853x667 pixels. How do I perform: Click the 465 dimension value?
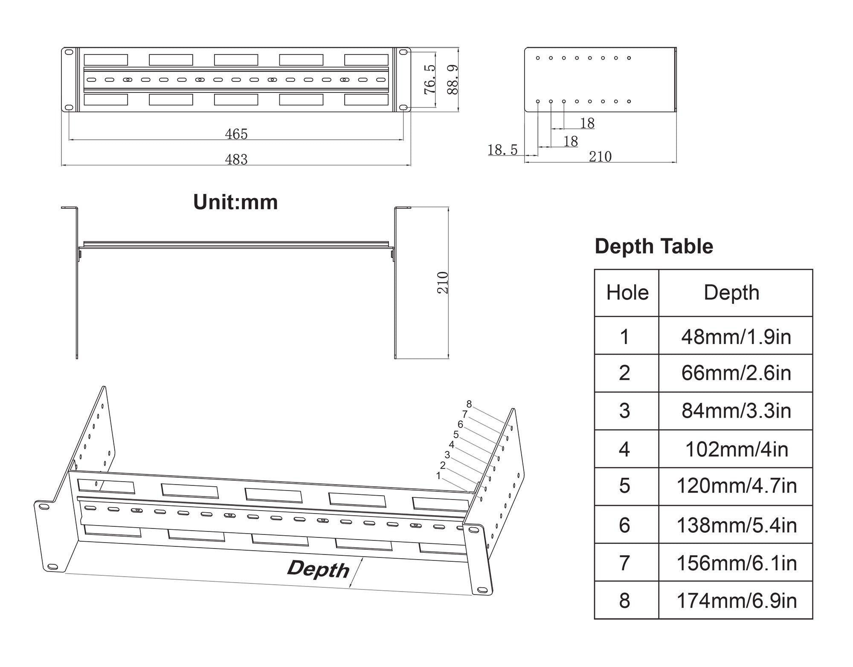click(236, 134)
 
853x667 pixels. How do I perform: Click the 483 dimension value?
click(236, 159)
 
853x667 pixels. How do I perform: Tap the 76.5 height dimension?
click(429, 79)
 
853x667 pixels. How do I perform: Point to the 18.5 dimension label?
click(502, 150)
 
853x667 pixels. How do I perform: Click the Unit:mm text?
click(235, 202)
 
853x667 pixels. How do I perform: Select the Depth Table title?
click(654, 246)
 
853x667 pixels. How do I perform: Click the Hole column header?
click(627, 293)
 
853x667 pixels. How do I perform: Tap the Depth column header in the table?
click(731, 293)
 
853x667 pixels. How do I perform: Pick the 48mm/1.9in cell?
click(736, 337)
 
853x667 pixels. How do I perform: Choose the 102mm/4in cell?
click(736, 449)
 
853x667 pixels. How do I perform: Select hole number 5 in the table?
click(624, 486)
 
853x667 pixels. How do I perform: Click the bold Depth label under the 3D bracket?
click(318, 569)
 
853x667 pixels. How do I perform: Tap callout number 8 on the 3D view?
click(469, 404)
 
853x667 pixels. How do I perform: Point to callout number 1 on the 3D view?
click(438, 476)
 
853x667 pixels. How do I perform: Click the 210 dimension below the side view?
click(600, 156)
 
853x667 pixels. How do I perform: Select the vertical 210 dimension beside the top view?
click(443, 283)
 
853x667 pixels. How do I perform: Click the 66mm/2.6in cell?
click(736, 373)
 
